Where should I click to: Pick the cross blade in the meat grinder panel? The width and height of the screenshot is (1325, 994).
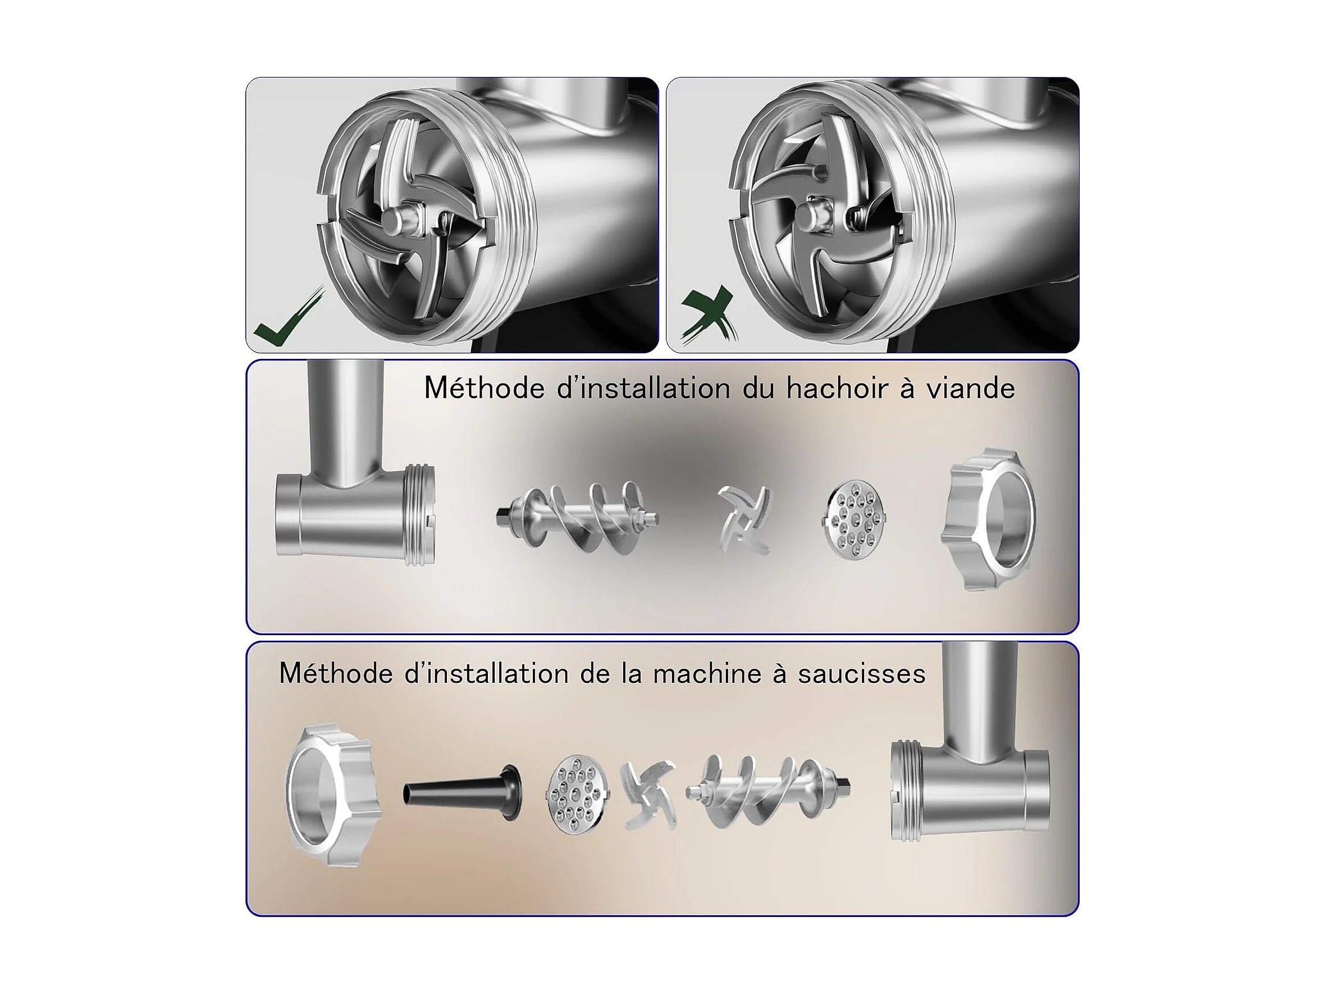(744, 519)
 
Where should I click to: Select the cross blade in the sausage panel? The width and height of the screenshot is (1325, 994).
(648, 795)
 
